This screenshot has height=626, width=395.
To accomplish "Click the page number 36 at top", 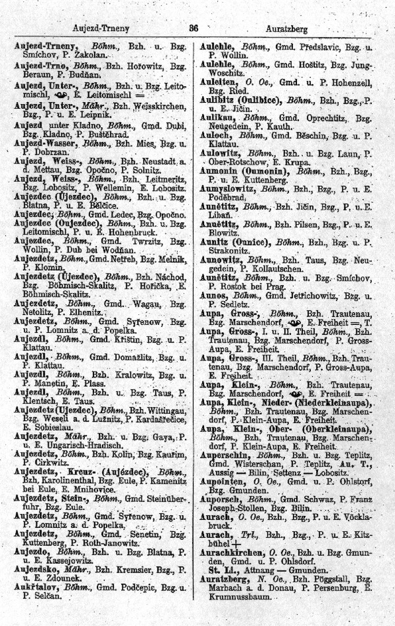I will (194, 29).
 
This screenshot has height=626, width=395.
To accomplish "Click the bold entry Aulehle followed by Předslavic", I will (219, 48).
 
